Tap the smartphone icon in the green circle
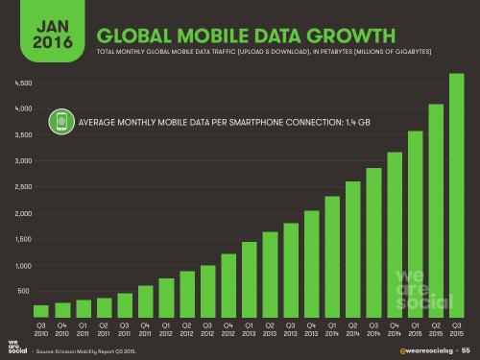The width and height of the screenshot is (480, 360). click(x=62, y=123)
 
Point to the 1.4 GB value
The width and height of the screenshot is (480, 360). click(x=356, y=123)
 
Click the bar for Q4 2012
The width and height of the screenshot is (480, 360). click(x=228, y=284)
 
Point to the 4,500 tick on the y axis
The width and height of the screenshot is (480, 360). click(x=24, y=83)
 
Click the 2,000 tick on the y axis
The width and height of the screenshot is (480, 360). click(x=24, y=212)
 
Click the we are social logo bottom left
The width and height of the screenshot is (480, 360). click(x=12, y=347)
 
